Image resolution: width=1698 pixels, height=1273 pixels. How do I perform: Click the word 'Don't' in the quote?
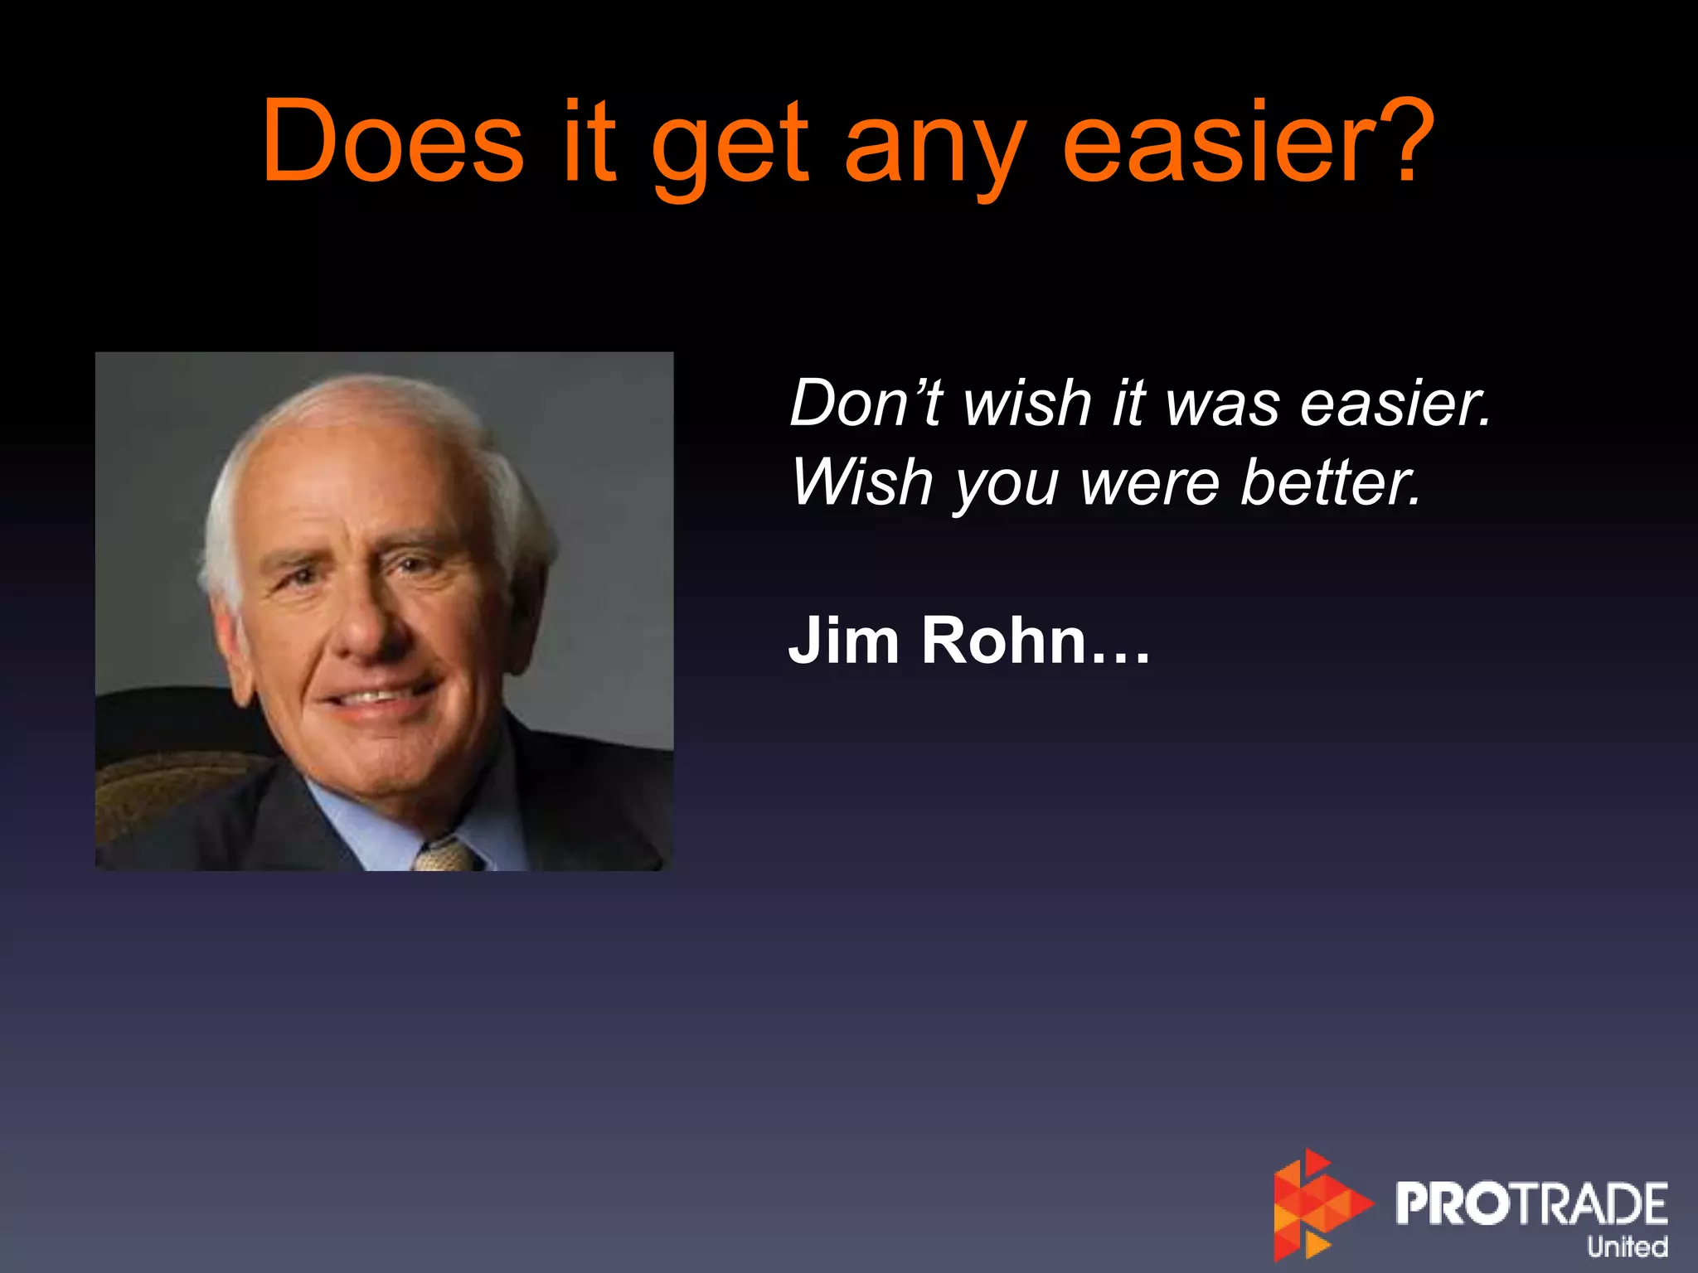point(866,403)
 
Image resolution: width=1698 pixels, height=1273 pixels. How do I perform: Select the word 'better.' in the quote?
point(1332,483)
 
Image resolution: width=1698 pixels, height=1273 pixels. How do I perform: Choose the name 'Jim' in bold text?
point(843,640)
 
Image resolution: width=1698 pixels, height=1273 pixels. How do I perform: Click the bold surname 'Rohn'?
point(1004,640)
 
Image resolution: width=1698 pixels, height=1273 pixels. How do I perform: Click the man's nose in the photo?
point(365,630)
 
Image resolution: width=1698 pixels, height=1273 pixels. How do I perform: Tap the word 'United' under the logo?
point(1627,1246)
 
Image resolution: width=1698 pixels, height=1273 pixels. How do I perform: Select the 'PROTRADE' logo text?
point(1531,1203)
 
